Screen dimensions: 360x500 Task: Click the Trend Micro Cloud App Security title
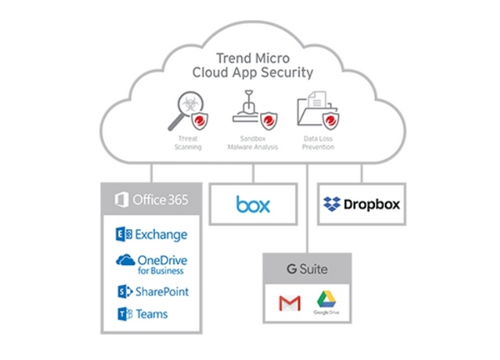click(x=252, y=65)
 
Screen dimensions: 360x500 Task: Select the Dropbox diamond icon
click(x=332, y=203)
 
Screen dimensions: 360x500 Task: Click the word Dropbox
click(x=368, y=203)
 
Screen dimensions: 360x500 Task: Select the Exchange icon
click(x=123, y=235)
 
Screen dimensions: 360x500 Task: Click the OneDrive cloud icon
click(x=125, y=261)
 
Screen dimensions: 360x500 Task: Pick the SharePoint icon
click(x=123, y=292)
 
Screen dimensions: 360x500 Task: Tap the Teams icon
click(x=123, y=314)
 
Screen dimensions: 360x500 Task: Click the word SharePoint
click(x=163, y=292)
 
